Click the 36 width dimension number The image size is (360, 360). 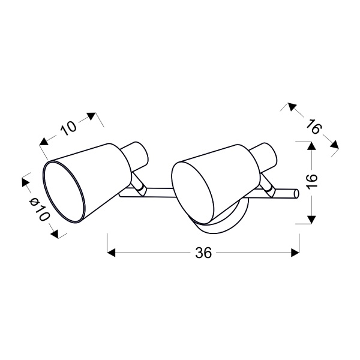[204, 253]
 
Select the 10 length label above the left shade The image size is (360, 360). [69, 127]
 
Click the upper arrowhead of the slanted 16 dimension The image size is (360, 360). [290, 107]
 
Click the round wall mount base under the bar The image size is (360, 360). [222, 223]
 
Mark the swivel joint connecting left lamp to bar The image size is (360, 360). [140, 189]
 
